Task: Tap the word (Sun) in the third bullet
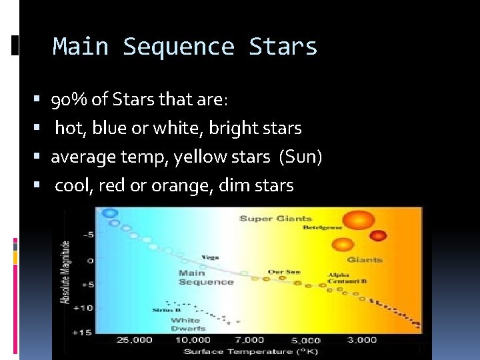[x=301, y=157]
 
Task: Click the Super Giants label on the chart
[x=276, y=218]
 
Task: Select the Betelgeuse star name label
[x=323, y=228]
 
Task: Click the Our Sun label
[x=284, y=272]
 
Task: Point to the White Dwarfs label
[x=187, y=324]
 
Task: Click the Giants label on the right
[x=364, y=259]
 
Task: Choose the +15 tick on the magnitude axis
[x=82, y=332]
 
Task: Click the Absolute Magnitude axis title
[x=66, y=273]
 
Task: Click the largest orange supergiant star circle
[x=359, y=221]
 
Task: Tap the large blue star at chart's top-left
[x=107, y=213]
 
